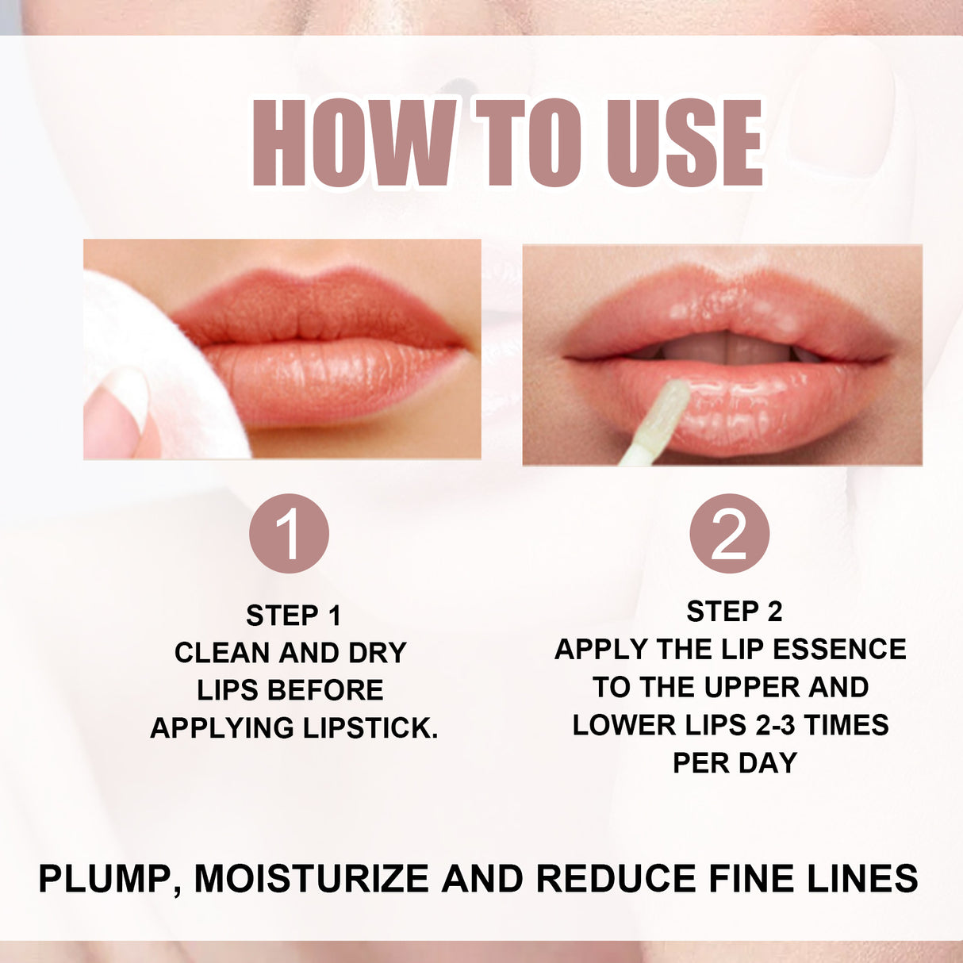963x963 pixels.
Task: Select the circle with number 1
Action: pos(289,533)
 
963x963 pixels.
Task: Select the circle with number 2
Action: pos(729,533)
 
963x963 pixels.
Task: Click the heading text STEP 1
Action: pos(294,616)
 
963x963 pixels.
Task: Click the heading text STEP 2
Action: pos(734,612)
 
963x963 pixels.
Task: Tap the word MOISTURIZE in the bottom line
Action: pos(313,879)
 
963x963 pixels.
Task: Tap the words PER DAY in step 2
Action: pos(735,762)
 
